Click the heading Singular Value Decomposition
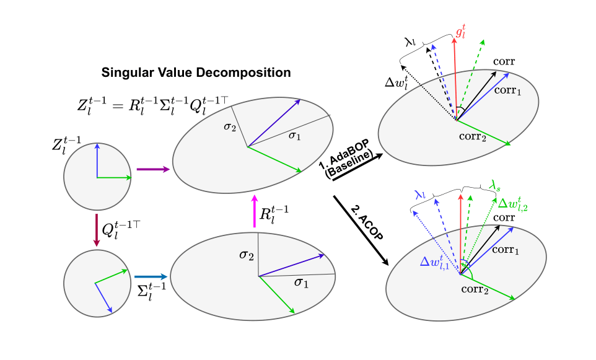coord(196,72)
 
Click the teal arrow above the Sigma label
coord(151,277)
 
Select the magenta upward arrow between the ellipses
coord(254,211)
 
